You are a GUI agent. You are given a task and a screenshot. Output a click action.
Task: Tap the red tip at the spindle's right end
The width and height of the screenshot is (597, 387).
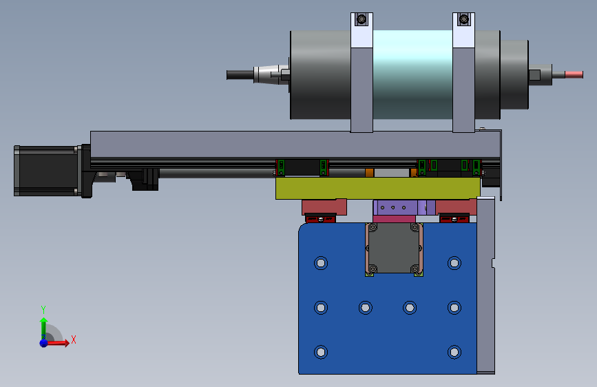tap(574, 74)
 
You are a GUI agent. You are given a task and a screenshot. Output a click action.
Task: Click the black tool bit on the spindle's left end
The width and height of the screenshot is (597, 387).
tap(240, 74)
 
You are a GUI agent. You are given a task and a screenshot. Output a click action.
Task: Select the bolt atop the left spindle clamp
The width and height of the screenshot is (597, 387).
tap(362, 19)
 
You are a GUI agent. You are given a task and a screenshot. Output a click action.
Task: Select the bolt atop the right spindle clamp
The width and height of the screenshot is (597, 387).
tap(463, 19)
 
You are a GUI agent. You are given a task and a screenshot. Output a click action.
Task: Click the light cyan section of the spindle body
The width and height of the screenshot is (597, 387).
tap(412, 74)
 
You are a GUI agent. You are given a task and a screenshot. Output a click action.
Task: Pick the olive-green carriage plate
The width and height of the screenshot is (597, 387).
tap(378, 188)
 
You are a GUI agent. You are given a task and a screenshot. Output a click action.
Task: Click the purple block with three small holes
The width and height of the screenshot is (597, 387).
tap(399, 207)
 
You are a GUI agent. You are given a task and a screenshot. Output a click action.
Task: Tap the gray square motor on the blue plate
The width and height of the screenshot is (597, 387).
tap(394, 248)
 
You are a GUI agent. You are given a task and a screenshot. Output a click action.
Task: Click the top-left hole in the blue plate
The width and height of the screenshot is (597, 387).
tap(321, 263)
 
